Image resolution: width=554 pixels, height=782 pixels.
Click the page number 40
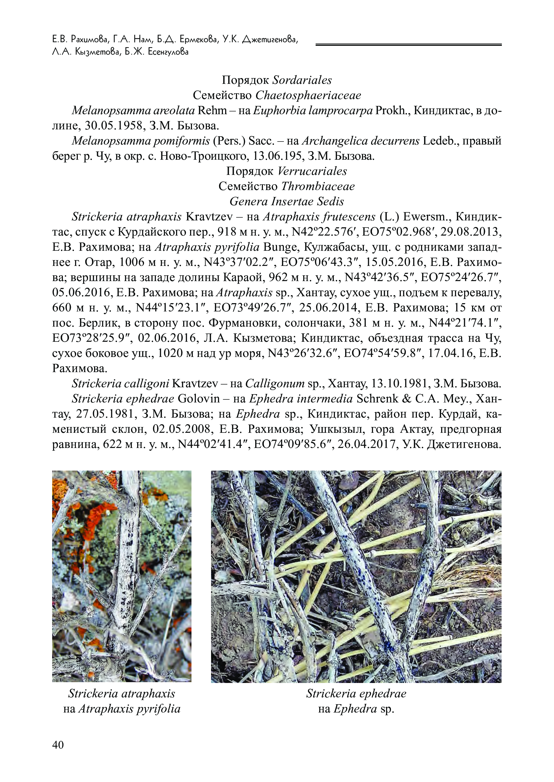tap(58, 745)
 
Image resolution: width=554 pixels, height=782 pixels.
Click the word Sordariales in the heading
tap(302, 80)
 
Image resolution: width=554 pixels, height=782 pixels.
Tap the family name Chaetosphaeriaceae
tap(308, 95)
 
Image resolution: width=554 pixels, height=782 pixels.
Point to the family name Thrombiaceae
tap(318, 186)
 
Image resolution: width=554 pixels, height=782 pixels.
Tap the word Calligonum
tap(275, 384)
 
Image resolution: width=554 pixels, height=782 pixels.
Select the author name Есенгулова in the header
tap(168, 52)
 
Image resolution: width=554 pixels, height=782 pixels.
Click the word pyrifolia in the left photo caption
tap(158, 709)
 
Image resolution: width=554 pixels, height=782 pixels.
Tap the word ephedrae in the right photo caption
tap(383, 694)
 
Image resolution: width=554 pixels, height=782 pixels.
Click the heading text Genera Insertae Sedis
tap(287, 202)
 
